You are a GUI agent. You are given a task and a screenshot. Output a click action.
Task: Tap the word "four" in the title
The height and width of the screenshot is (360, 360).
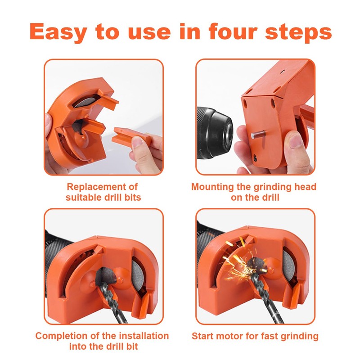(229, 32)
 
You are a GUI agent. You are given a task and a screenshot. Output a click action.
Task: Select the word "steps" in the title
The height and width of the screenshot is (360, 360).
(300, 32)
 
